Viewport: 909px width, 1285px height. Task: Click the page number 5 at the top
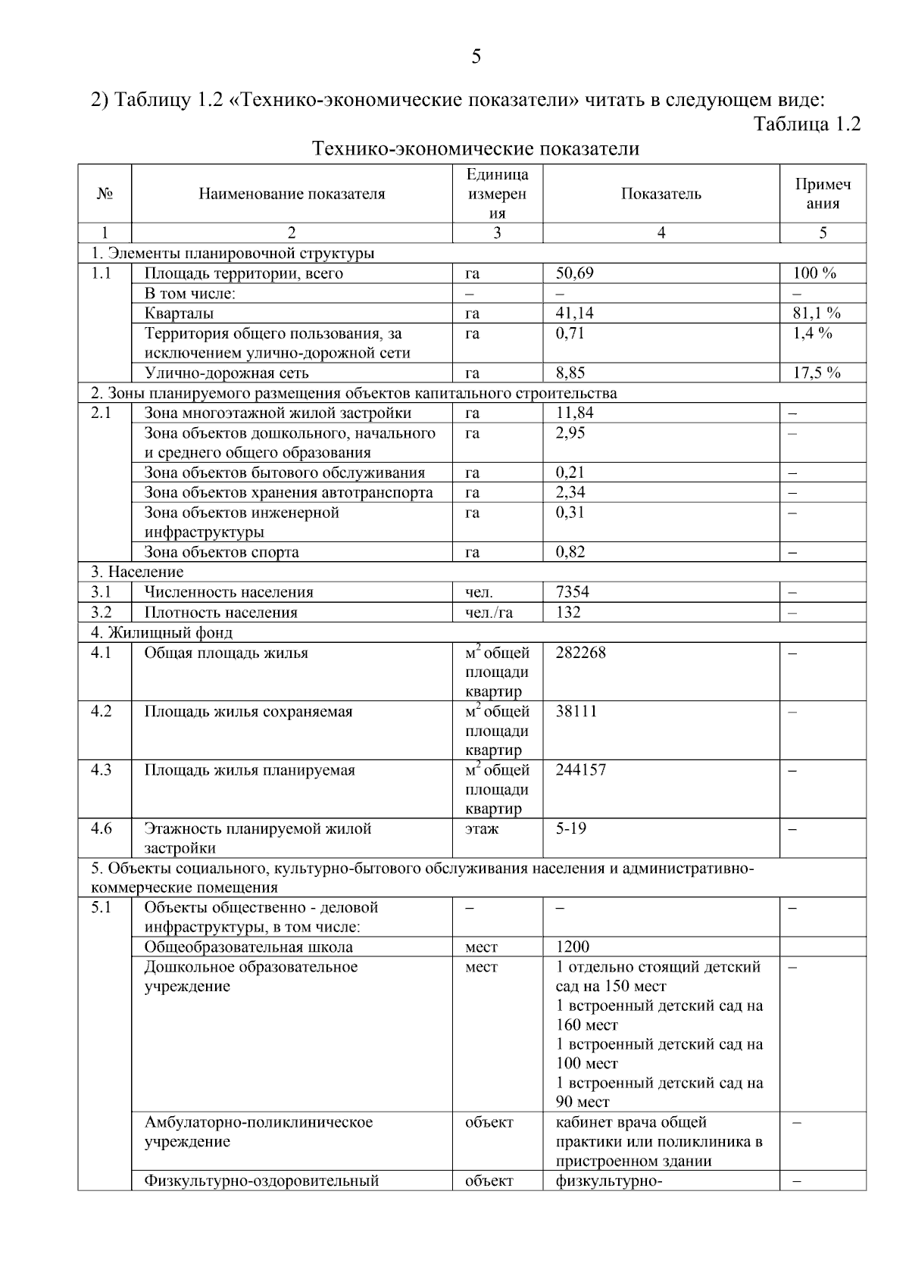[x=476, y=57]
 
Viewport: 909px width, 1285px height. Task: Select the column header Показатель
[x=661, y=194]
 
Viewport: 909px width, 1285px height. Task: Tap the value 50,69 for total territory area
[x=574, y=273]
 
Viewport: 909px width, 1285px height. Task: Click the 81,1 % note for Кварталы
[x=817, y=313]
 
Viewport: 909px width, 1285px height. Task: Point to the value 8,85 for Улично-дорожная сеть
[x=570, y=373]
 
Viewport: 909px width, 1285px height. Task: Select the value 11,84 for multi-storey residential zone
[x=574, y=413]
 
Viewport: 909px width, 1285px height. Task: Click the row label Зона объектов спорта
[x=221, y=552]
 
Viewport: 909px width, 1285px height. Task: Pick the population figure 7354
[x=572, y=592]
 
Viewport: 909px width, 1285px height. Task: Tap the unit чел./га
[x=489, y=613]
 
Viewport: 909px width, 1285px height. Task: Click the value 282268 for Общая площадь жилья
[x=580, y=653]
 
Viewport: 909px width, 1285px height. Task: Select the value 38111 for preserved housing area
[x=576, y=712]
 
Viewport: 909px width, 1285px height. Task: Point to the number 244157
[x=580, y=770]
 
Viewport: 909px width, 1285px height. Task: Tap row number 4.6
[x=102, y=828]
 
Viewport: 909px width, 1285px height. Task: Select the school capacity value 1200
[x=572, y=947]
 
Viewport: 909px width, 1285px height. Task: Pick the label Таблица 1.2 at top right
[x=807, y=124]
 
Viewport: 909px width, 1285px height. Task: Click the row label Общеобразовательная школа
[x=248, y=947]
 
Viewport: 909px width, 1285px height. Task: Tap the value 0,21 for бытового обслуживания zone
[x=570, y=473]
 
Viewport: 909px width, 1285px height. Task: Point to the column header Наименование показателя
[x=292, y=194]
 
